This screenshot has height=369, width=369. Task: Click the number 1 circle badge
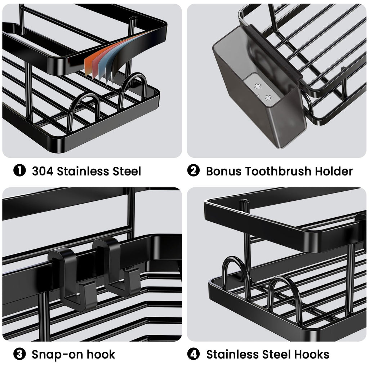[x=19, y=170]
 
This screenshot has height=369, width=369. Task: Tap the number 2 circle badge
[x=194, y=170]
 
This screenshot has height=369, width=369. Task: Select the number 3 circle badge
[x=19, y=354]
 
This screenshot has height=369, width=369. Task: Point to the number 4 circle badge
[x=194, y=354]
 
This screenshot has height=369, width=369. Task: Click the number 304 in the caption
[x=43, y=171]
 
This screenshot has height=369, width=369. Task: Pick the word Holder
[x=334, y=171]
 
